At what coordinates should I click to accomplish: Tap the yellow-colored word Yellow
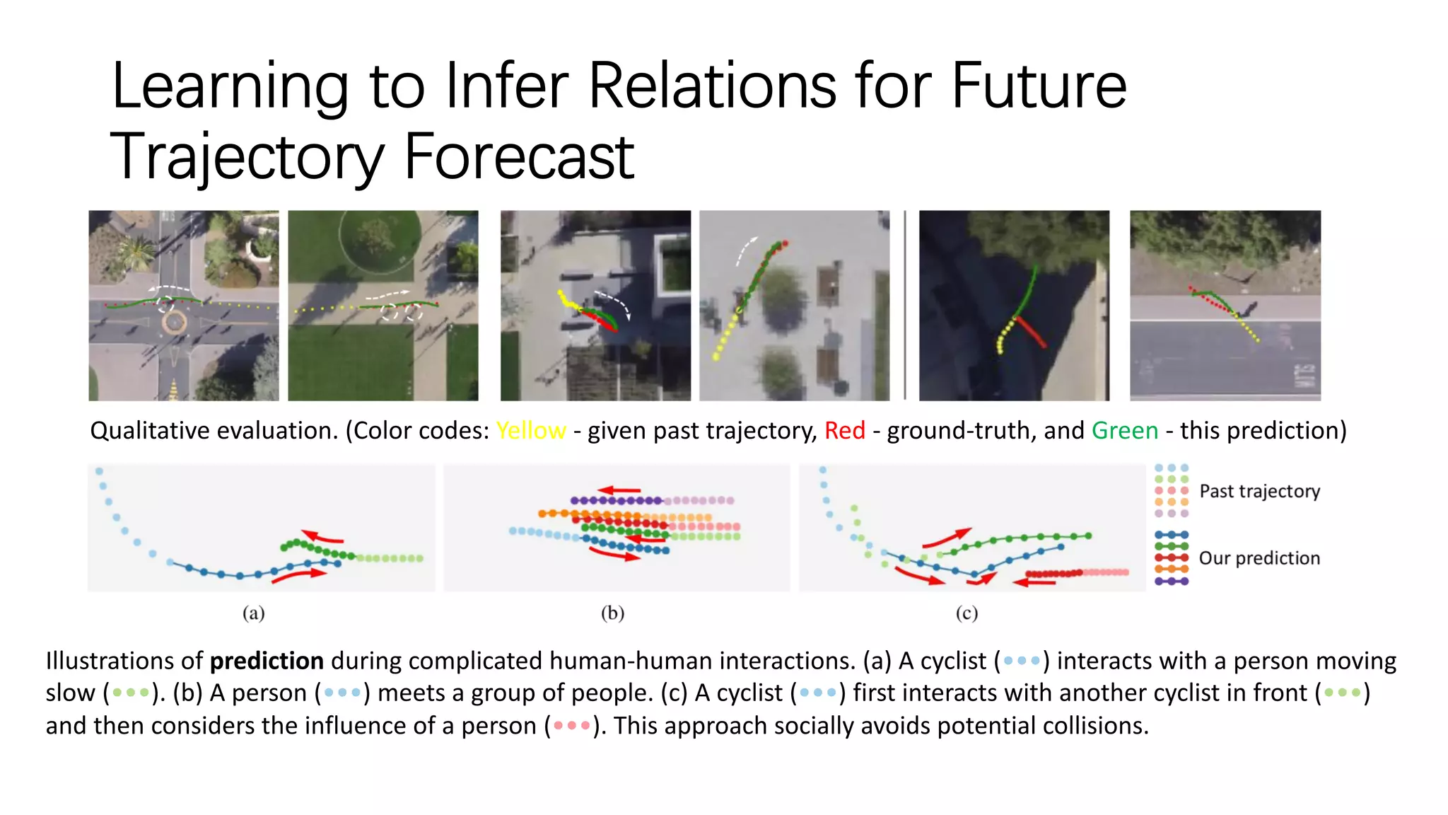tap(530, 430)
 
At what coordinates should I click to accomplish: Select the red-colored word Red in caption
tap(844, 430)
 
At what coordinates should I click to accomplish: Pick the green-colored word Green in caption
tap(1124, 430)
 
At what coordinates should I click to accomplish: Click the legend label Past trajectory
tap(1259, 491)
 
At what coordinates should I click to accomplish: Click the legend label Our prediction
tap(1259, 558)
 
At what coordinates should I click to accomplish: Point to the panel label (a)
tap(253, 613)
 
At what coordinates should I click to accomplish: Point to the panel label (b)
tap(612, 613)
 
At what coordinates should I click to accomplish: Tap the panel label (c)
tap(967, 613)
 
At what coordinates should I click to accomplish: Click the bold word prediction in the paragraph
tap(267, 661)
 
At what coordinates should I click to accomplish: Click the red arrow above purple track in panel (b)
tap(619, 490)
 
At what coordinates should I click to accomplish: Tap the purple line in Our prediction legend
tap(1172, 582)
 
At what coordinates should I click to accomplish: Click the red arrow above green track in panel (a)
tap(322, 537)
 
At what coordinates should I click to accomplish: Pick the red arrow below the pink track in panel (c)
tap(1034, 582)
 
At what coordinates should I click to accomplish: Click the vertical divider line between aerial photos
tap(905, 305)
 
